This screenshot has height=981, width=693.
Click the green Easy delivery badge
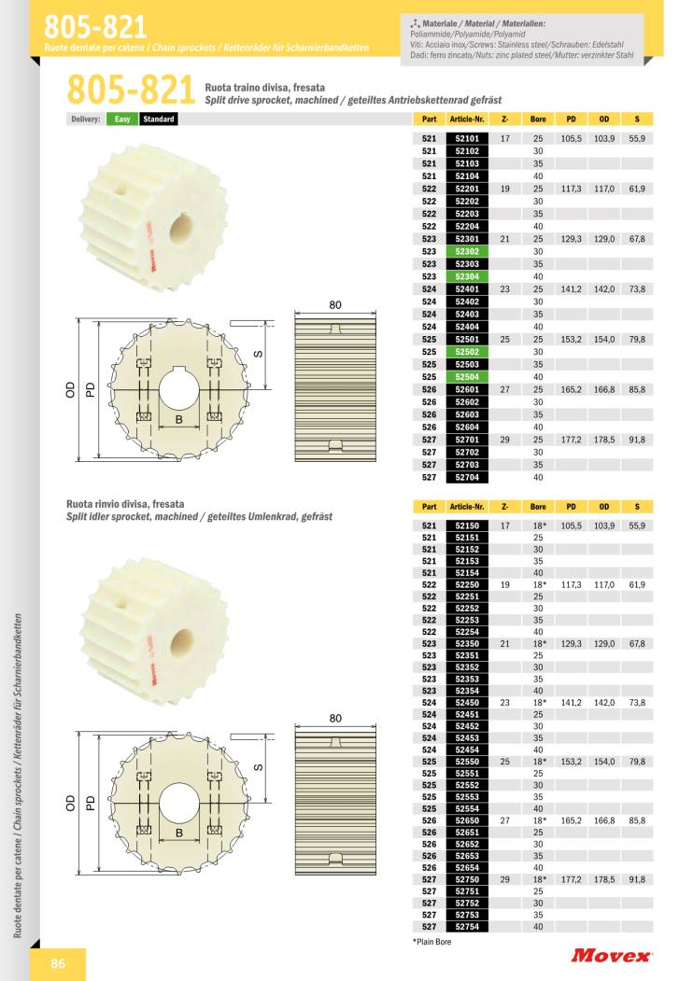point(122,119)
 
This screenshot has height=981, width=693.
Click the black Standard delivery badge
point(159,119)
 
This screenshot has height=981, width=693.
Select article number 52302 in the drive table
point(467,251)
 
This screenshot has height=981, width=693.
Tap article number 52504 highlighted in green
point(467,377)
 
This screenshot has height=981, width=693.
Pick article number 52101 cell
point(467,138)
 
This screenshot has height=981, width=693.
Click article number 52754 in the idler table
point(467,927)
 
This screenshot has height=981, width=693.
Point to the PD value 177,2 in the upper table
point(571,440)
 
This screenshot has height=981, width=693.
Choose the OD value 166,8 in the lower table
point(604,820)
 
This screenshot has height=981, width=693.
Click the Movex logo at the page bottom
point(611,956)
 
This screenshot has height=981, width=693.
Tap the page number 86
point(58,963)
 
